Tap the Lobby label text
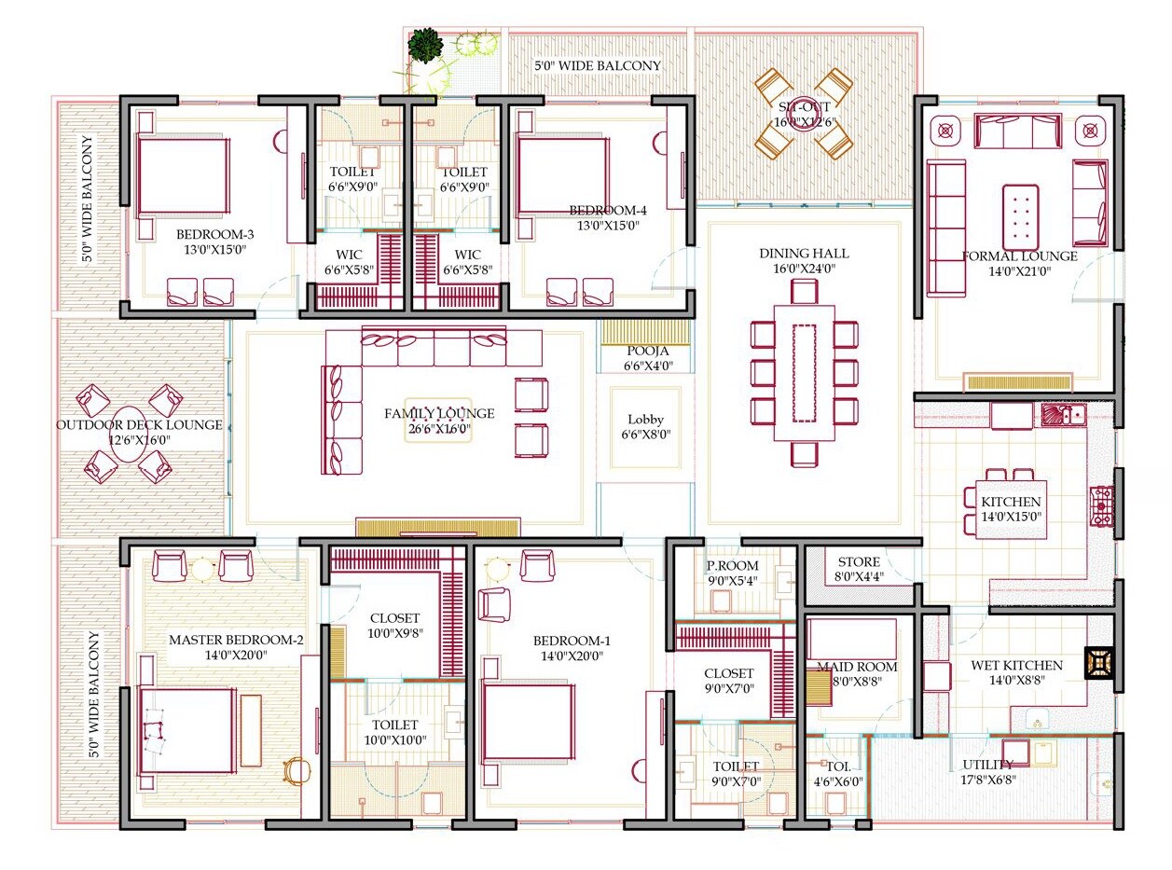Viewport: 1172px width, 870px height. tap(645, 420)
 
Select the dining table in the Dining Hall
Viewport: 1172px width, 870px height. tap(803, 382)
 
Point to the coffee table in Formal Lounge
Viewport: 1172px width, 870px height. tap(1020, 214)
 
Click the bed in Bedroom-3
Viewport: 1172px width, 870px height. tap(183, 177)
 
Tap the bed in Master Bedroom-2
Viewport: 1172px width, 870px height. tap(186, 731)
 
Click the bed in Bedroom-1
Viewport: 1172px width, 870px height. tap(528, 722)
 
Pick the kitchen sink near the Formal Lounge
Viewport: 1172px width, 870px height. tap(1062, 414)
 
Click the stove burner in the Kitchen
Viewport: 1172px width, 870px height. tap(1102, 504)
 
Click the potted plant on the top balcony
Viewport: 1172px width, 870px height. tap(425, 43)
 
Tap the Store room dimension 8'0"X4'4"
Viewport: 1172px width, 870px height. tap(859, 576)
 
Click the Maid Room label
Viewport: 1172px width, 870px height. tap(857, 667)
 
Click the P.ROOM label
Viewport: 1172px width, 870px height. tap(732, 566)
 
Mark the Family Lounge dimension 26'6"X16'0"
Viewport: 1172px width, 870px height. tap(439, 430)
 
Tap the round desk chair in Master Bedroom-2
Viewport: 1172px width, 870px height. tap(296, 768)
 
